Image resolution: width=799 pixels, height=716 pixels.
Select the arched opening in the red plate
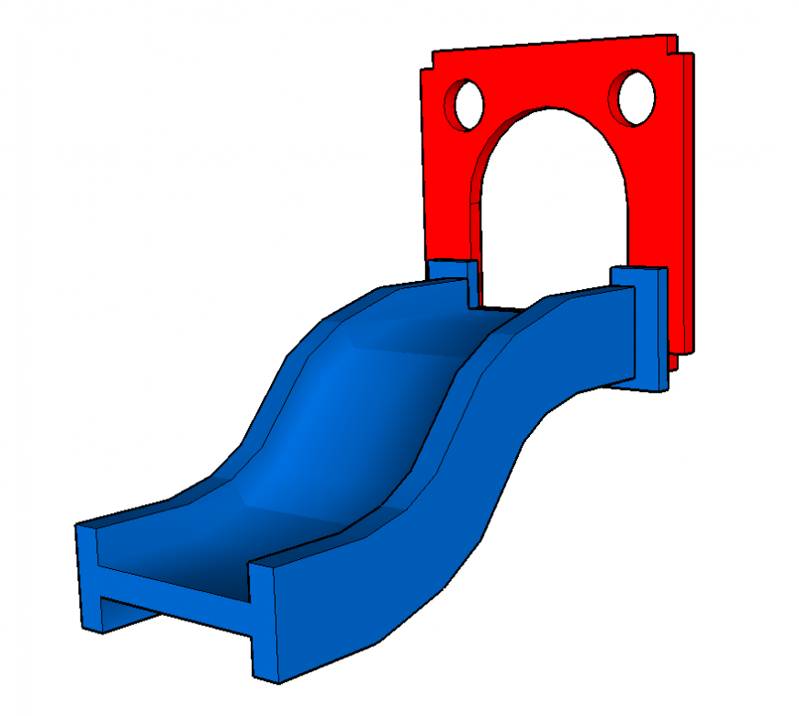tap(549, 211)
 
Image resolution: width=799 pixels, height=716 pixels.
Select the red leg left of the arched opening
tap(448, 202)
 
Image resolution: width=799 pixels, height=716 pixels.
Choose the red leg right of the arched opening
tap(648, 202)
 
